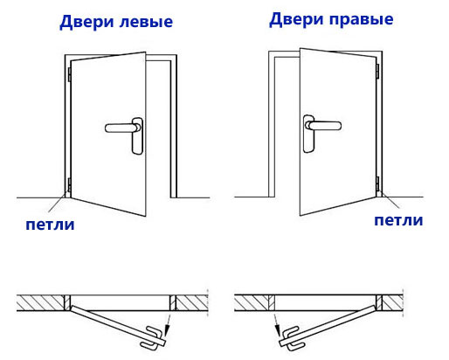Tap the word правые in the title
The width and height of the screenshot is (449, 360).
(362, 20)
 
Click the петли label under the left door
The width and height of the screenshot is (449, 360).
(50, 225)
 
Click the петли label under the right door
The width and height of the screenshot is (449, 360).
(398, 220)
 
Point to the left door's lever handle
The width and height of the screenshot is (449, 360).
(121, 128)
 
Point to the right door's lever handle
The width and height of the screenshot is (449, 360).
(324, 125)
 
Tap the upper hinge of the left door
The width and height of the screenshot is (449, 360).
(69, 74)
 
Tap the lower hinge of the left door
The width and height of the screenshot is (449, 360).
(69, 184)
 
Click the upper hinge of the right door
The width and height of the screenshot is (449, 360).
(377, 72)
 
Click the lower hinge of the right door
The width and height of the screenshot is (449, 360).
(377, 183)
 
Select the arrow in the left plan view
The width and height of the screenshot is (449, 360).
(168, 325)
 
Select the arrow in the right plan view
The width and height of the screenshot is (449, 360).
(276, 325)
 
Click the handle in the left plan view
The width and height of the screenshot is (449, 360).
(152, 337)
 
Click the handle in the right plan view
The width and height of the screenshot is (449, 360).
(293, 338)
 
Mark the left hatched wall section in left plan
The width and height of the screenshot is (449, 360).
(40, 302)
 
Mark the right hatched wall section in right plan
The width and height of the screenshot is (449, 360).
(392, 302)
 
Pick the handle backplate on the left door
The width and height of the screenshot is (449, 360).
(137, 135)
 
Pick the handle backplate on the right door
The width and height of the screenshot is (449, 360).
(308, 134)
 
